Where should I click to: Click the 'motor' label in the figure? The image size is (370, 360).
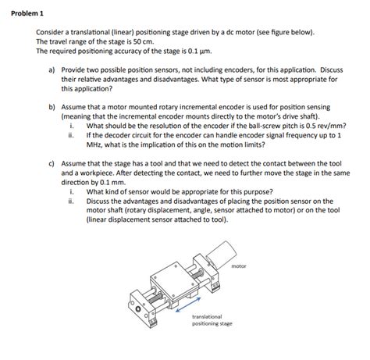click(238, 266)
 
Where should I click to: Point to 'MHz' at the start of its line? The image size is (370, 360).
click(94, 144)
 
